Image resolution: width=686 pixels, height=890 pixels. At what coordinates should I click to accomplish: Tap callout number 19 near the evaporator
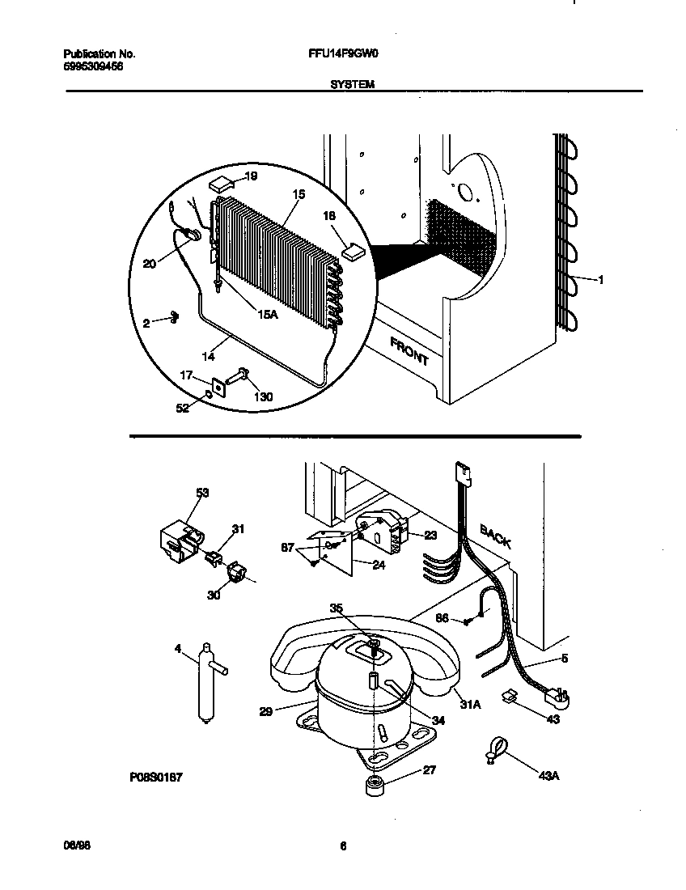click(251, 176)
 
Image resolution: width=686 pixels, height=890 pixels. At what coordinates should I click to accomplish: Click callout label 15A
click(268, 315)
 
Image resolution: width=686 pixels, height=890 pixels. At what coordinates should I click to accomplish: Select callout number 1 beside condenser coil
click(600, 280)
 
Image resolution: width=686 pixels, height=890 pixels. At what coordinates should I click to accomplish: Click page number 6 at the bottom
click(343, 846)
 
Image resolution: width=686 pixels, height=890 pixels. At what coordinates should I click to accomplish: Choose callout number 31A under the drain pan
click(471, 704)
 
